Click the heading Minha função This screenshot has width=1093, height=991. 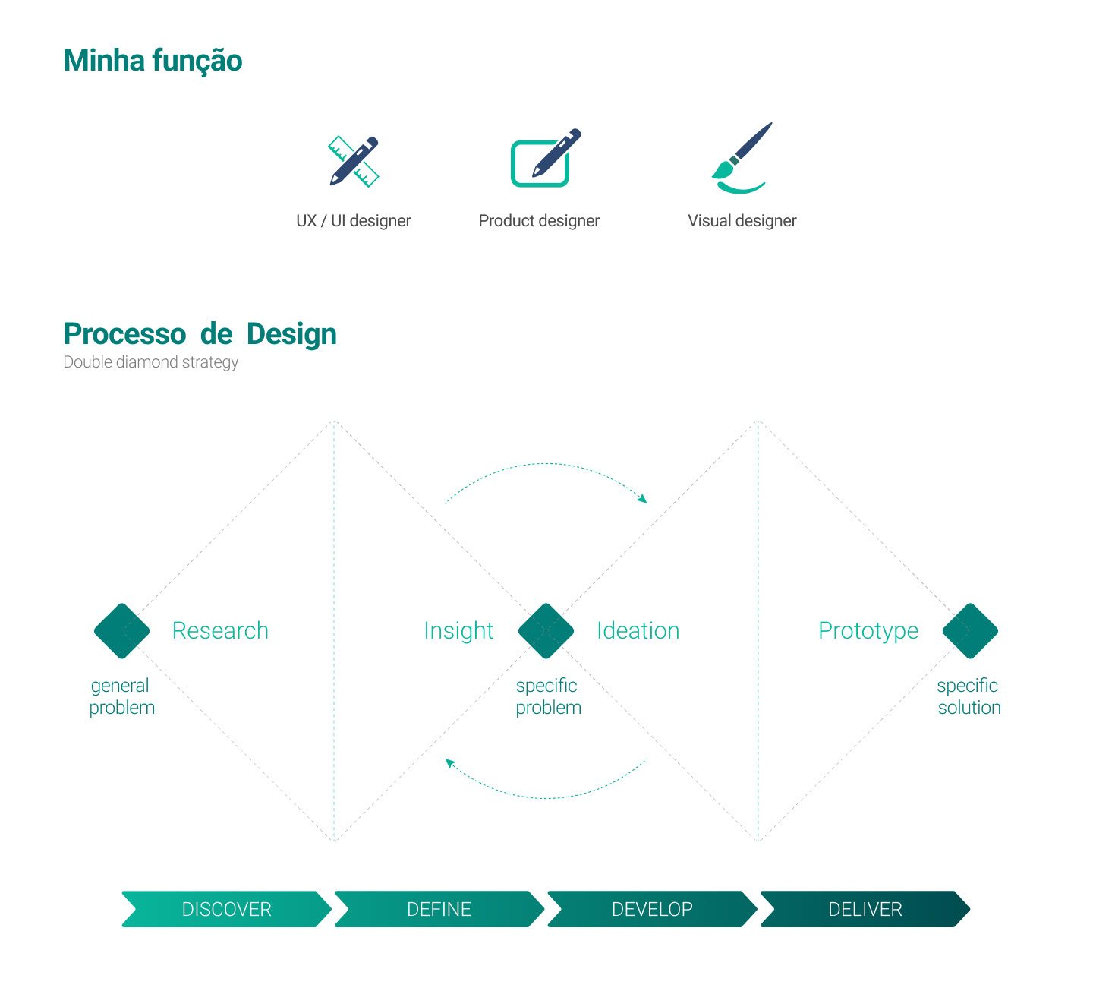[x=153, y=61]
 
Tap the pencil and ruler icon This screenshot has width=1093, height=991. [x=354, y=161]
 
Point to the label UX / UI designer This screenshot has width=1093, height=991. [x=354, y=221]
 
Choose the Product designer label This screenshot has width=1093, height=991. [x=539, y=221]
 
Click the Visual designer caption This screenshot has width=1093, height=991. [x=742, y=221]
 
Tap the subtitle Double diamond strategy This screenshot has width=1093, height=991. [x=150, y=362]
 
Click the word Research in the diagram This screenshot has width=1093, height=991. [x=220, y=631]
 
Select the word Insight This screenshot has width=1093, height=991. [x=458, y=631]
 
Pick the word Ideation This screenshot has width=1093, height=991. [x=638, y=631]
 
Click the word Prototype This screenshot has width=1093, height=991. [x=868, y=631]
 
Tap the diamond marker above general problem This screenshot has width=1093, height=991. [x=121, y=631]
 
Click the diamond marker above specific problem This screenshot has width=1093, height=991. [x=546, y=631]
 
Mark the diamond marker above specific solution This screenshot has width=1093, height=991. [x=970, y=631]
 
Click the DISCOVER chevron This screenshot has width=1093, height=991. [x=226, y=909]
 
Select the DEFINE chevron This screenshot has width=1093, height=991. [x=439, y=909]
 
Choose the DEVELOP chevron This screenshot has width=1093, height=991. [x=652, y=909]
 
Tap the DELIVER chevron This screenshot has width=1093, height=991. [x=865, y=909]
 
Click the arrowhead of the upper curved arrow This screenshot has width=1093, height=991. [x=643, y=498]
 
